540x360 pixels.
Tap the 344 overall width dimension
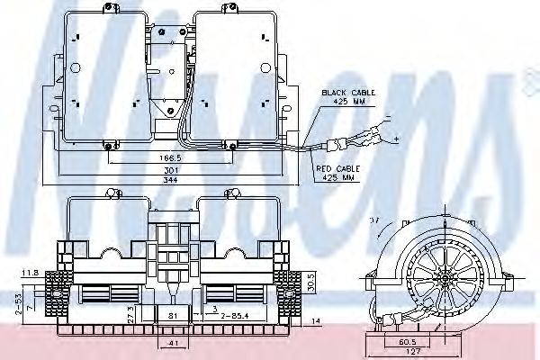coord(166,180)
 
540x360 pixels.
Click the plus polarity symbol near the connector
coord(395,139)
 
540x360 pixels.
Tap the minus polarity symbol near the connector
coord(388,116)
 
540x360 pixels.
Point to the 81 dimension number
coord(173,315)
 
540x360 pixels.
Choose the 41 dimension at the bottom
coord(173,344)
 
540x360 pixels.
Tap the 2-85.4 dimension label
coord(233,315)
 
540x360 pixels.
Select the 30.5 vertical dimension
coord(310,282)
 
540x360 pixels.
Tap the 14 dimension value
coord(316,321)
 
